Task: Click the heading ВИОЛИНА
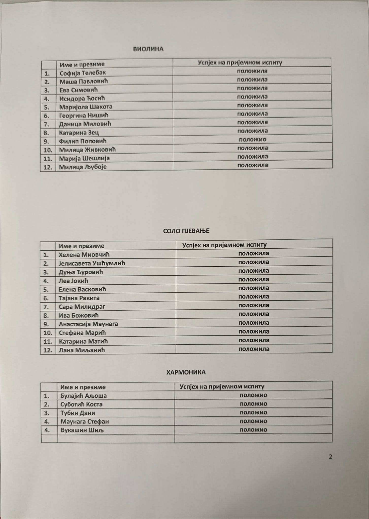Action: [148, 49]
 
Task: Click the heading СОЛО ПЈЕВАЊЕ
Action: [186, 231]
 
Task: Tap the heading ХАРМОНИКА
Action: [186, 372]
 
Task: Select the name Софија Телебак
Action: [82, 73]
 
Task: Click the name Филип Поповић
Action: [83, 141]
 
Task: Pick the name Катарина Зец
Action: [79, 133]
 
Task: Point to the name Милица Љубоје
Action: [83, 167]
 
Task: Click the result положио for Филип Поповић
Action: [253, 139]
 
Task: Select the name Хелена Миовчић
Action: [84, 255]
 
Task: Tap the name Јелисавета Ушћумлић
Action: [92, 263]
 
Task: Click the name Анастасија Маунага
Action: [88, 324]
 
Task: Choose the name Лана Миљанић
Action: [82, 350]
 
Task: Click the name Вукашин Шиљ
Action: [82, 430]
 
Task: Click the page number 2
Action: [330, 457]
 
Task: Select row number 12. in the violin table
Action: [48, 167]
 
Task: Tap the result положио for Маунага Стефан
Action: [253, 421]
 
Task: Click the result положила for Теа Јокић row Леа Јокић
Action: [254, 279]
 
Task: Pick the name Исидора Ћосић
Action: [82, 98]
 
